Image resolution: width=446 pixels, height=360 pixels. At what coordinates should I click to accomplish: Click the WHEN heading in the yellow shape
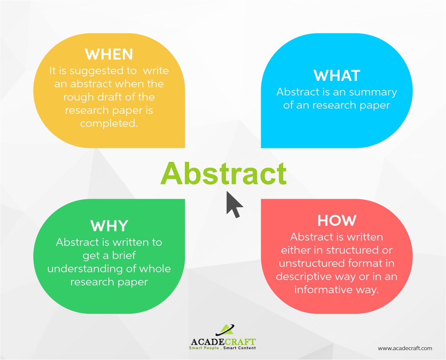point(109,54)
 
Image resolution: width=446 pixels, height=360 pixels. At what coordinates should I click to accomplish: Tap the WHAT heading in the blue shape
point(337,76)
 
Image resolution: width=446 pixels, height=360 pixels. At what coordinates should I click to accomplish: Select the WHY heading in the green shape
point(109,226)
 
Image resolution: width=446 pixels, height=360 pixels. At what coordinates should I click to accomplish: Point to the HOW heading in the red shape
point(337,221)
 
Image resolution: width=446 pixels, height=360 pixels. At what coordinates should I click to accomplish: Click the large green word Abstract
point(223,174)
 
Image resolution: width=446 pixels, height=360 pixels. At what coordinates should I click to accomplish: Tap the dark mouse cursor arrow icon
point(234,204)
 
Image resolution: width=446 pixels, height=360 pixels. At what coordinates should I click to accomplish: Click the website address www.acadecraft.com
point(405,348)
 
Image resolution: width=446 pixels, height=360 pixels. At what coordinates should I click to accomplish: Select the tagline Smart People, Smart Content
point(222,348)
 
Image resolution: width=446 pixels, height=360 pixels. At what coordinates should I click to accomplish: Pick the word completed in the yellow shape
point(109,123)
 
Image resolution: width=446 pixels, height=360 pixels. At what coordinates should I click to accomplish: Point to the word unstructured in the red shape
point(306,263)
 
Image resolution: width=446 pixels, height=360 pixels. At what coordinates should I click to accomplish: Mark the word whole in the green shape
point(155,269)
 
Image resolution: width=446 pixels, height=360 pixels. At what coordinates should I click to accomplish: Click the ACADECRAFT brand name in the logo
point(223,342)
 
